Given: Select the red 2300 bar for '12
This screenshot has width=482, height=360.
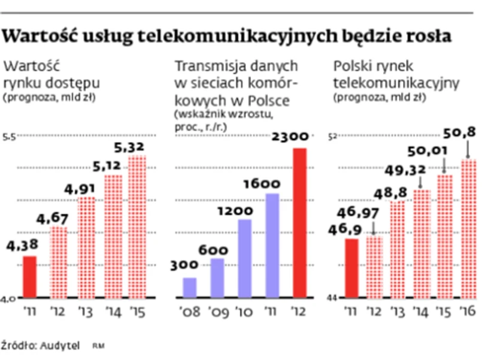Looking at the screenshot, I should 300,223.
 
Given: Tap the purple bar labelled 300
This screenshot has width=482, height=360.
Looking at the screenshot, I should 190,288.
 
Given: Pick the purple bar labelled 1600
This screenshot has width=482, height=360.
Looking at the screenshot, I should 272,246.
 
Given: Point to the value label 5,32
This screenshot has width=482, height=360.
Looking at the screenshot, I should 138,147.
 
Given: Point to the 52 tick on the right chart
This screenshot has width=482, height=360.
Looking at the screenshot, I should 334,137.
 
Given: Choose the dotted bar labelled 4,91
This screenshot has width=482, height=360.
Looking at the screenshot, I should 87,247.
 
